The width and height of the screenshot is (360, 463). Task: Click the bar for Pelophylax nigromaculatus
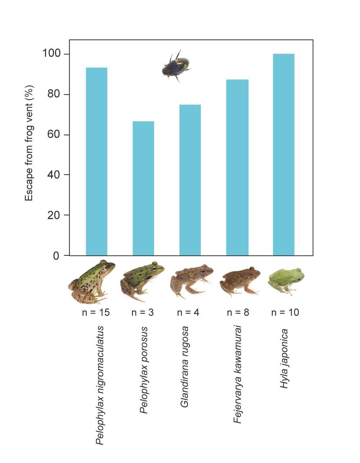coord(96,162)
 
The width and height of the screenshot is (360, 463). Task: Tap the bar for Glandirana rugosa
coord(190,180)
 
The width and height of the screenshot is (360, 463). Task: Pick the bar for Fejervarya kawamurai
coord(237,168)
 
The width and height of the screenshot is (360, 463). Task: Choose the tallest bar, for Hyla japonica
coord(284,155)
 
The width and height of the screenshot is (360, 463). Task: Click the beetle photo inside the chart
coord(176,67)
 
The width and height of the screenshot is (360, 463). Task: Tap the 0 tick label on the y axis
coord(56,256)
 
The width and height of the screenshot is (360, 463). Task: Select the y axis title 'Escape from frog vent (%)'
coord(29,143)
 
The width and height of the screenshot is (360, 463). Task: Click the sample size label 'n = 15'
coord(96,312)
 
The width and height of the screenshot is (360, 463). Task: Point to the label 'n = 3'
coord(143,312)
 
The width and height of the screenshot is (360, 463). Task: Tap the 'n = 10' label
coord(285,312)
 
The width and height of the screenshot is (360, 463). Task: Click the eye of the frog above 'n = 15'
coord(107,267)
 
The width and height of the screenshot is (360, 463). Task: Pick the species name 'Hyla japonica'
coord(285,358)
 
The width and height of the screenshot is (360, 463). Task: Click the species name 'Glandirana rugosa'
coord(185,367)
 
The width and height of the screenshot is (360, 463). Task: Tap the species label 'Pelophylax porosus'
coord(144,370)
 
